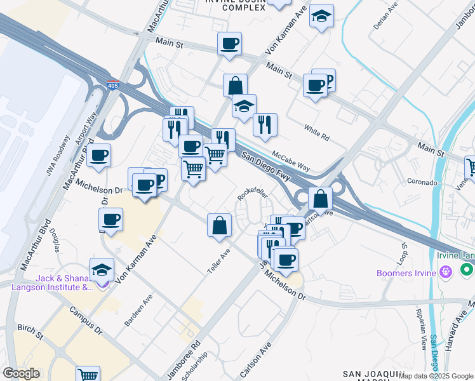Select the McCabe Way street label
click(x=290, y=161)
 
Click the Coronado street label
click(x=422, y=182)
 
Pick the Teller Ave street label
click(x=218, y=261)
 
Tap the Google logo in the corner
click(x=21, y=373)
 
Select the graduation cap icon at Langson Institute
click(x=102, y=270)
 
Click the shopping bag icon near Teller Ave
click(x=219, y=225)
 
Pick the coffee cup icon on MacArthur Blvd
click(x=98, y=156)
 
